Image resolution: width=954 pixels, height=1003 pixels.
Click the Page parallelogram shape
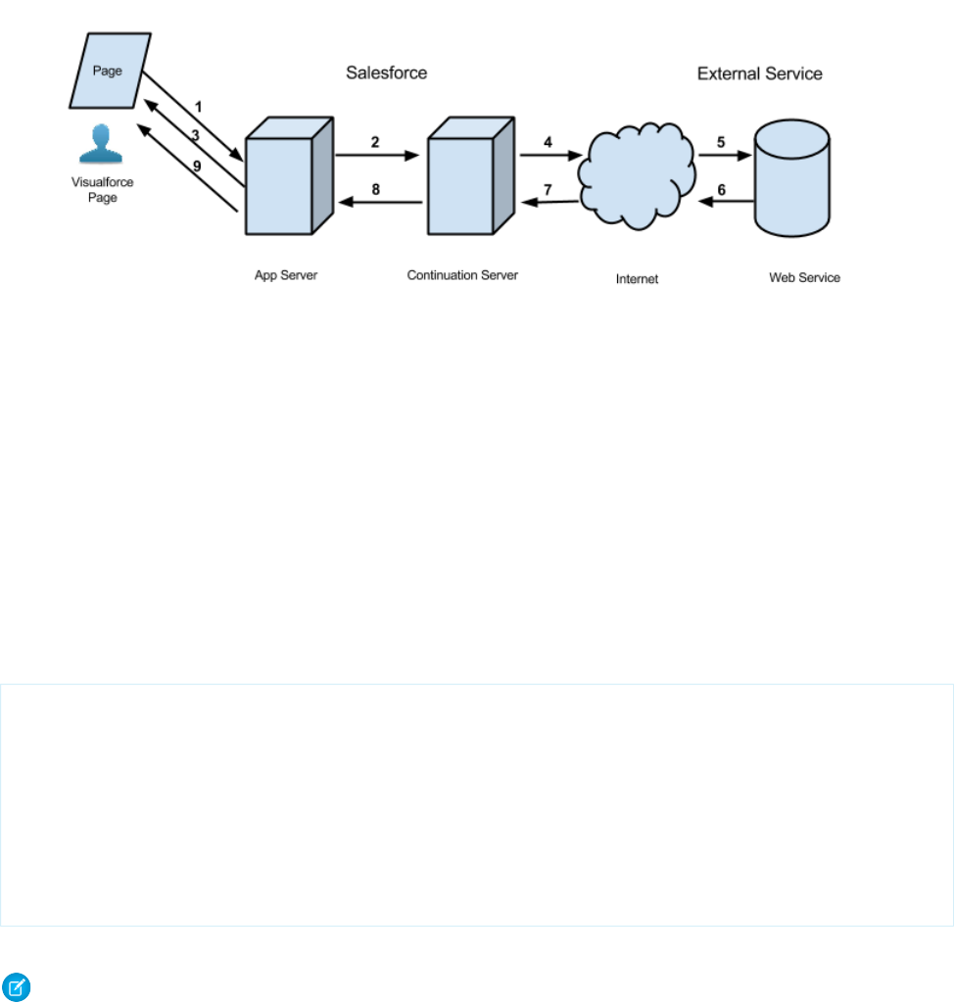click(x=109, y=72)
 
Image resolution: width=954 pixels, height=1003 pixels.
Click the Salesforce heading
click(x=387, y=73)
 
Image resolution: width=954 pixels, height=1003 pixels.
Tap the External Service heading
click(x=759, y=73)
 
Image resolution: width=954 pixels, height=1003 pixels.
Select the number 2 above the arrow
click(x=375, y=141)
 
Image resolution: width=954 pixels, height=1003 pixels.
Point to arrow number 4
click(x=548, y=141)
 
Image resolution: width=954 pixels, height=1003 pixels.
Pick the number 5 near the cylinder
click(x=721, y=141)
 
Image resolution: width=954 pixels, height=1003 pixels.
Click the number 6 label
click(x=722, y=190)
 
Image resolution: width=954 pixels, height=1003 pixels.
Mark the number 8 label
click(x=375, y=190)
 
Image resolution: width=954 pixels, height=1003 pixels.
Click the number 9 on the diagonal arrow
click(x=197, y=167)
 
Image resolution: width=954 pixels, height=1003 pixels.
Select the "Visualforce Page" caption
click(x=99, y=189)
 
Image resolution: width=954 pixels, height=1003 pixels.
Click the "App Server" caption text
click(x=287, y=275)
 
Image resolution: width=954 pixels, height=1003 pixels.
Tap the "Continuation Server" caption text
click(x=462, y=275)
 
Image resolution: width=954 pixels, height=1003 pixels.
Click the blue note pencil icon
click(x=17, y=988)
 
